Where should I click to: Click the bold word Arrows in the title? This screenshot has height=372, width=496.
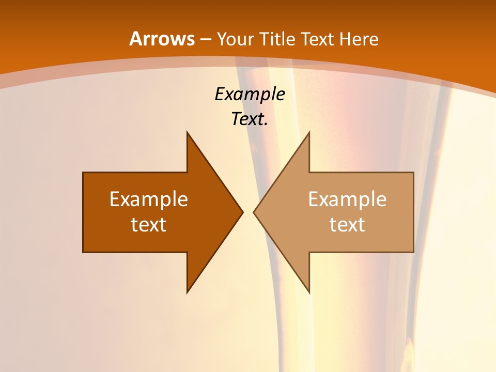click(162, 39)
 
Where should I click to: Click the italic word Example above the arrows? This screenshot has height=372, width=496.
click(250, 94)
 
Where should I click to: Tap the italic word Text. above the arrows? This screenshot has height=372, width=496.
click(250, 119)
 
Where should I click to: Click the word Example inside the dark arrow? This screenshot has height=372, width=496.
click(149, 199)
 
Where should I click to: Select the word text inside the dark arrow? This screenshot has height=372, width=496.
click(149, 224)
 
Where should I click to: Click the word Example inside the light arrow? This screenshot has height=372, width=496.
click(347, 199)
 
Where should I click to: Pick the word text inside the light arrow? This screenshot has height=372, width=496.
click(347, 224)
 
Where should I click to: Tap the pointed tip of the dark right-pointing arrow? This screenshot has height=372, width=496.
click(242, 212)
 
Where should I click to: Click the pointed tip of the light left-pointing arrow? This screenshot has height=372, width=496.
click(254, 212)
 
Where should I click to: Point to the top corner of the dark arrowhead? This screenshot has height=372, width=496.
click(187, 132)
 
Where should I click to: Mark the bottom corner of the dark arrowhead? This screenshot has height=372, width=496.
click(187, 292)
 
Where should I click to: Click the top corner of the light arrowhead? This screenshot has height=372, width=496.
click(309, 132)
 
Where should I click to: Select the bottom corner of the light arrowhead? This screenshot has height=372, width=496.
click(309, 292)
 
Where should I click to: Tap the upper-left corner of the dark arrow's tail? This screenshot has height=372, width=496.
click(83, 173)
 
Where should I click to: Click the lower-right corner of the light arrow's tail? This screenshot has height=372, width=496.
click(413, 252)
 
